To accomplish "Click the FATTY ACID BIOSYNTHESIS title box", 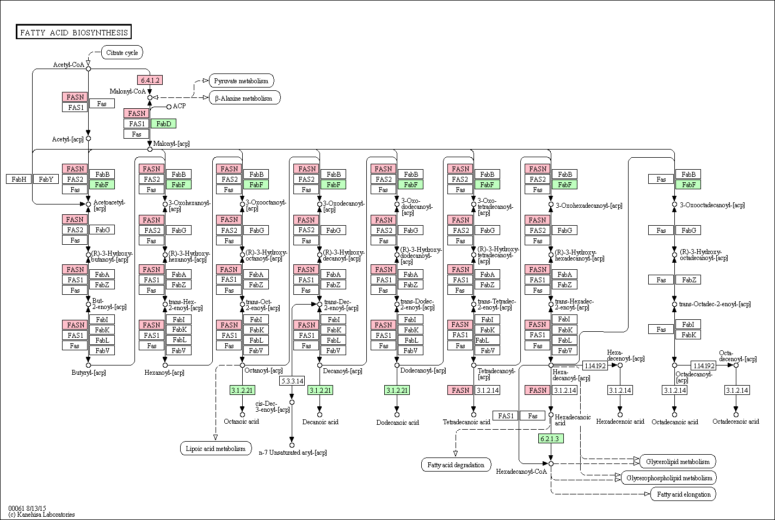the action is (73, 32).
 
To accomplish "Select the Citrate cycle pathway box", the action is (122, 53).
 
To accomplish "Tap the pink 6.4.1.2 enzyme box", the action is (150, 80).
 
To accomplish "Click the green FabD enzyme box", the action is (164, 124).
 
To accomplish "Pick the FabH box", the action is (19, 179).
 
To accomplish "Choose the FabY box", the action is (46, 179).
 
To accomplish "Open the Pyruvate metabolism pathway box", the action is (241, 81).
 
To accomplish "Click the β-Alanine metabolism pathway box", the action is (244, 98).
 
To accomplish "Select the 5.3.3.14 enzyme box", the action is (292, 381).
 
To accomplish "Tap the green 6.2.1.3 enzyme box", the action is (551, 439).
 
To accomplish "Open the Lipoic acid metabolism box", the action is (216, 448).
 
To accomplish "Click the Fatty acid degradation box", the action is (456, 465).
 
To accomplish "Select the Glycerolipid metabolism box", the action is (678, 462).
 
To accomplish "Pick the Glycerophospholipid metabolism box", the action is (669, 478).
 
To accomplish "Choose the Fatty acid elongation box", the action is (684, 494).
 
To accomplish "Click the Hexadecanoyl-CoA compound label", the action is (521, 472).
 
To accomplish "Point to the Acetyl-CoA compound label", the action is (69, 65).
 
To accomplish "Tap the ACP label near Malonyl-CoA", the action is (179, 106).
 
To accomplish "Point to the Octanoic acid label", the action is (241, 422).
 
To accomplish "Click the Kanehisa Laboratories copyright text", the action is (41, 515).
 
